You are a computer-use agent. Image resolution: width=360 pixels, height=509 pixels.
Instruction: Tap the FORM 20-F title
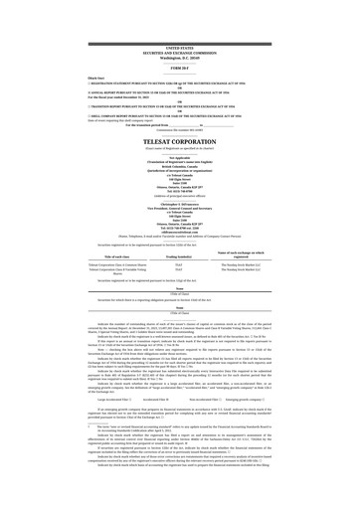pyautogui.click(x=180, y=40)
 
